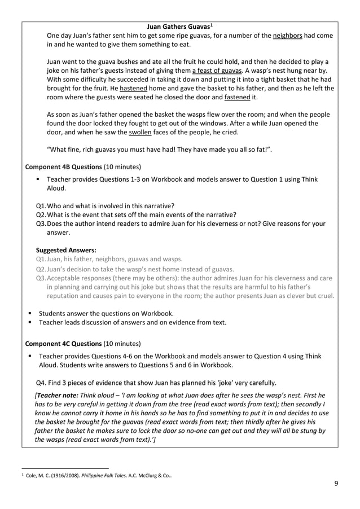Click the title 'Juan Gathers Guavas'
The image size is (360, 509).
[177, 27]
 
